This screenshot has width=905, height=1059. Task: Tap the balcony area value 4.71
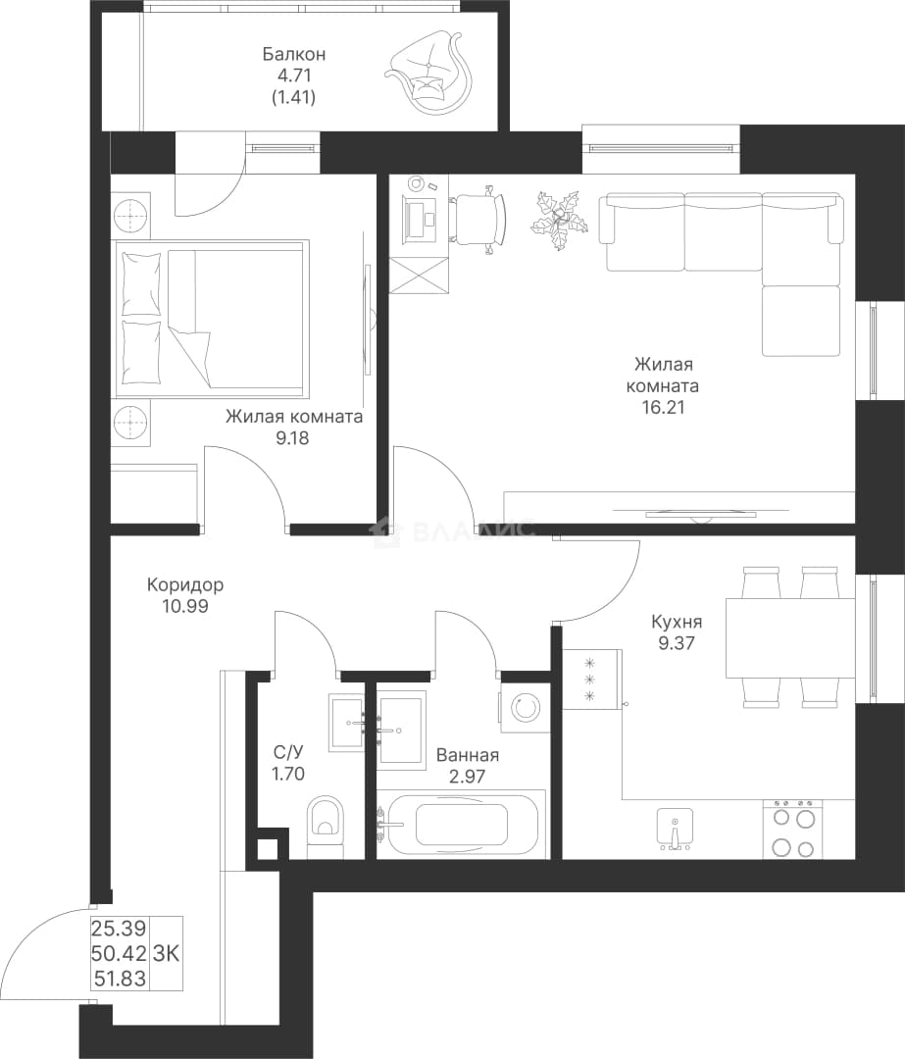coord(293,75)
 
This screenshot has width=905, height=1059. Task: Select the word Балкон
coord(294,53)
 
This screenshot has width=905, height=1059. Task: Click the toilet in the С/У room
coord(327,828)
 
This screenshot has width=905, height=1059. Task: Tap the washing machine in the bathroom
coord(526,708)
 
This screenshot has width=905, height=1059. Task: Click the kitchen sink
coord(675,827)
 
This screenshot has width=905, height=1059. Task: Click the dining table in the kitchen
coord(791,637)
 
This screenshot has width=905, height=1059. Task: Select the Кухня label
coord(677,622)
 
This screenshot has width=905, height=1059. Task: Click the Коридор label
coord(185,584)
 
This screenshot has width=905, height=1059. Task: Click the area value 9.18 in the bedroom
coord(292,437)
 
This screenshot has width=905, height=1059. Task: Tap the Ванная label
coord(468,755)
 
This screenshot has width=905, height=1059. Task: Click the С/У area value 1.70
coord(288,774)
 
